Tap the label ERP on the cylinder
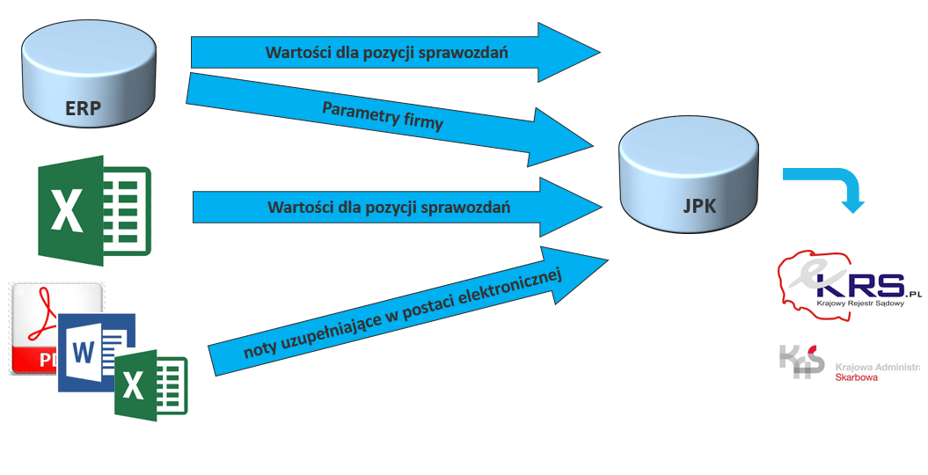click(x=83, y=108)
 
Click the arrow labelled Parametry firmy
click(x=378, y=119)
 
